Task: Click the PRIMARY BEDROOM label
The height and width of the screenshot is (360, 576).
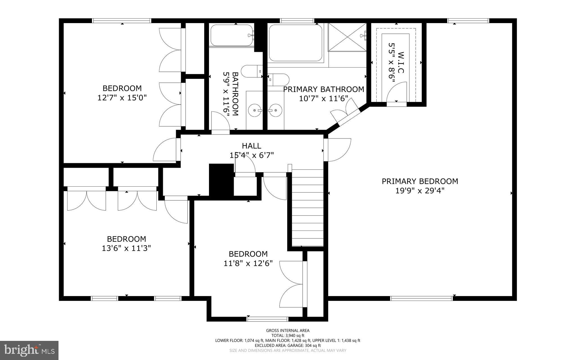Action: point(420,181)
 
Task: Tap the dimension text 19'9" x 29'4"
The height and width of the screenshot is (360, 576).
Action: point(420,191)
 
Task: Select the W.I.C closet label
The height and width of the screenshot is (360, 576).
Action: point(401,62)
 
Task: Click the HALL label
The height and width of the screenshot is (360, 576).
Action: point(251,146)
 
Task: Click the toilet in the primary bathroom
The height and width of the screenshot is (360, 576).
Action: point(278,79)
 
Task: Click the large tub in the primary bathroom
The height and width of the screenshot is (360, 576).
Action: point(295,43)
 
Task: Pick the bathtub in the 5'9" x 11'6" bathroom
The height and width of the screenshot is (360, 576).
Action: point(231,35)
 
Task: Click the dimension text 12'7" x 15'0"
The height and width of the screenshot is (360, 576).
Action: point(122,98)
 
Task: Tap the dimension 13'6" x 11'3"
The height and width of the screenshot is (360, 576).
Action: point(126,248)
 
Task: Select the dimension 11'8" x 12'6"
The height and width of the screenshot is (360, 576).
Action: point(248,263)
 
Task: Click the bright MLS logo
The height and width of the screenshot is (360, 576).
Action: point(29,350)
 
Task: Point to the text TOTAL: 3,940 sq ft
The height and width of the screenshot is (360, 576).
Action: point(288,336)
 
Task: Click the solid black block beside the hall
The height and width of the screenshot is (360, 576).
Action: point(221,180)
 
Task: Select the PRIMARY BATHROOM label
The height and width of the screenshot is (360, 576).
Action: point(323,90)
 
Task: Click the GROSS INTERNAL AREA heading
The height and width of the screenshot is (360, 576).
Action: point(288,330)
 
